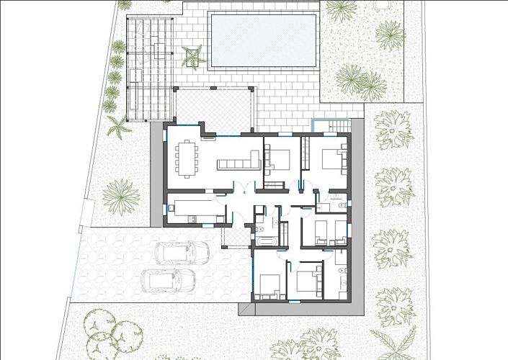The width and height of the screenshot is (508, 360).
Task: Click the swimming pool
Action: [263, 40]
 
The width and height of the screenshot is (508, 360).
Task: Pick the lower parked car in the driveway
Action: [169, 280]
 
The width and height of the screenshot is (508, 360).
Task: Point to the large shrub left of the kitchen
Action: [121, 194]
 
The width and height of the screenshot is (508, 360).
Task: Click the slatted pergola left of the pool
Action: [149, 65]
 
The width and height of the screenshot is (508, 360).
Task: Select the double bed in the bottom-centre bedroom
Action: [308, 279]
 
